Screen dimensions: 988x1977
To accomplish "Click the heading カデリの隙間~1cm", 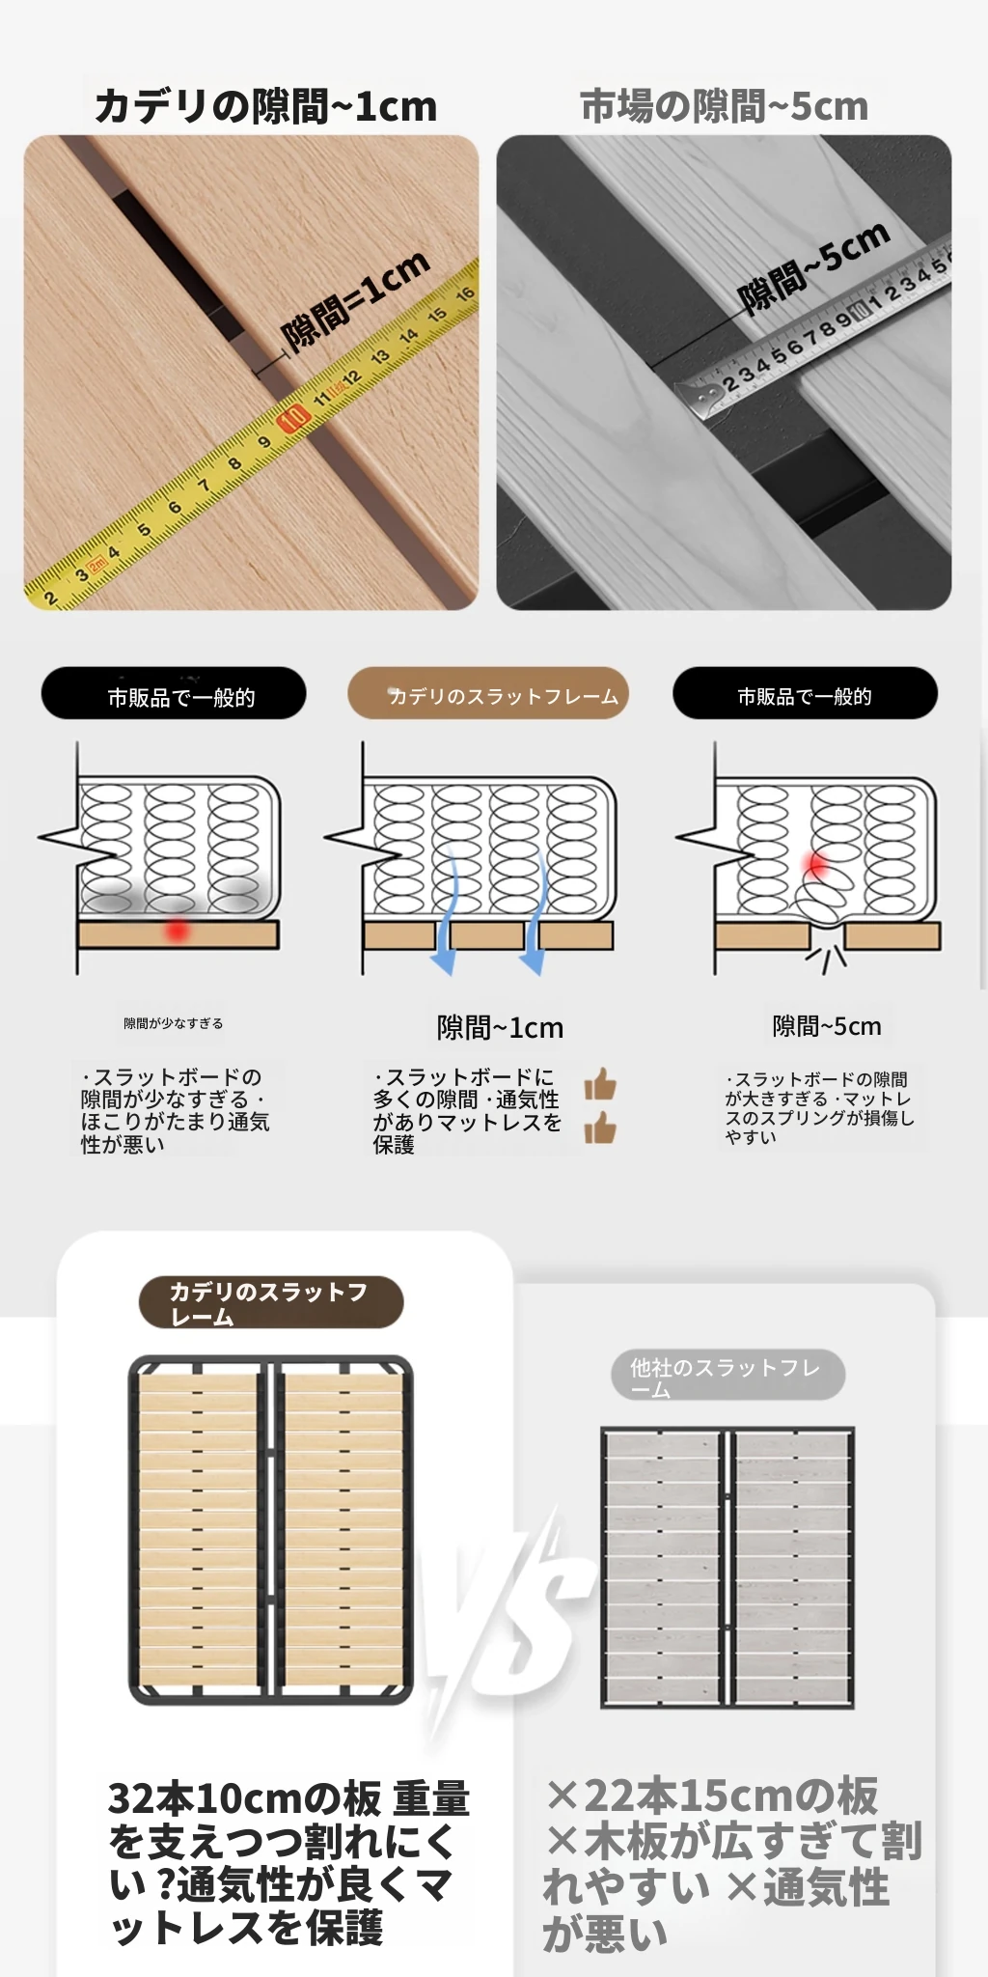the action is pos(265,105).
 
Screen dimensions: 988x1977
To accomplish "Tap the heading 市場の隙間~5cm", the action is pos(724,105).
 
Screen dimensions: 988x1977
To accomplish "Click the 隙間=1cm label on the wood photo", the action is pos(355,300).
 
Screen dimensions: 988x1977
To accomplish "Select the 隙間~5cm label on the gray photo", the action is pos(812,267).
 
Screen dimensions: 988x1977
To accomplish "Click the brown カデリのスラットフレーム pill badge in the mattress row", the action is pos(488,693).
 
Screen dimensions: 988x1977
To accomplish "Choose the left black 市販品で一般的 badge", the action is pos(174,693).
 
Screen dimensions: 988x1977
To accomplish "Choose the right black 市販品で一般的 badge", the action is pos(805,693).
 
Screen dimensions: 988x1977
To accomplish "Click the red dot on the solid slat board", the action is pos(177,931).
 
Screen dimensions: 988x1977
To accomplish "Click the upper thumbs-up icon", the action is pos(600,1084).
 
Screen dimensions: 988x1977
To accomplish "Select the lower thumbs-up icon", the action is pos(600,1127).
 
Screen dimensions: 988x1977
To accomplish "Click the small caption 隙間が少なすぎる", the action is pos(173,1023).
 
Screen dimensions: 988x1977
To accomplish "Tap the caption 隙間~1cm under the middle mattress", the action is pos(500,1027).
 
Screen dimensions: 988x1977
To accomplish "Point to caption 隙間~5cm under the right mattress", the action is pos(827,1026).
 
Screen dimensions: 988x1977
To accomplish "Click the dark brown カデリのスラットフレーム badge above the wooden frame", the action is pos(271,1302).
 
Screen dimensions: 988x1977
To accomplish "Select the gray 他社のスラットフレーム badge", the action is pos(727,1376).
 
